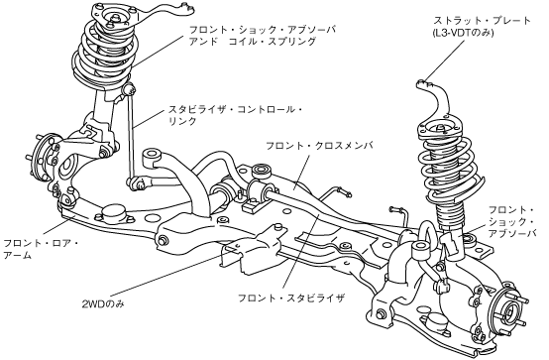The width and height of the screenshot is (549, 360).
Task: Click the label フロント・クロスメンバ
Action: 319,146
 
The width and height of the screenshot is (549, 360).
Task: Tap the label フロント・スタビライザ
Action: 291,299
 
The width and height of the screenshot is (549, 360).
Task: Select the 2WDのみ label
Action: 103,303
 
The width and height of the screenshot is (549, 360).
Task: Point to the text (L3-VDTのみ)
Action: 463,34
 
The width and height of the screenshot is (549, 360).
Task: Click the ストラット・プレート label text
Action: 482,21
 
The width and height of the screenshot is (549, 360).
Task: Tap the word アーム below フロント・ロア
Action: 18,255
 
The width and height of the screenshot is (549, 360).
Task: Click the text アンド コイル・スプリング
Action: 253,42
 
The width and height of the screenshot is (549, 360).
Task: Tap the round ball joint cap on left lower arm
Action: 113,213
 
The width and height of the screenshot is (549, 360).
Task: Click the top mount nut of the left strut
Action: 115,18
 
